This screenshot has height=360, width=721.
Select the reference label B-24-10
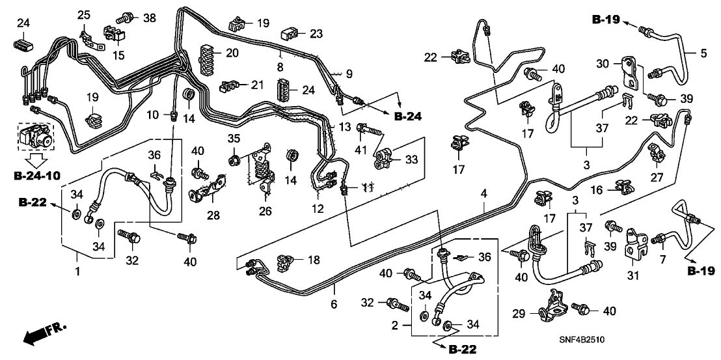click(38, 175)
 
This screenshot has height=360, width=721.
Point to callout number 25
click(85, 14)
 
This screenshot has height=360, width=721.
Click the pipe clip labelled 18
click(285, 262)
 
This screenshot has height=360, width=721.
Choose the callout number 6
click(334, 303)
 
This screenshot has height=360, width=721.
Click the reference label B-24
click(408, 116)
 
